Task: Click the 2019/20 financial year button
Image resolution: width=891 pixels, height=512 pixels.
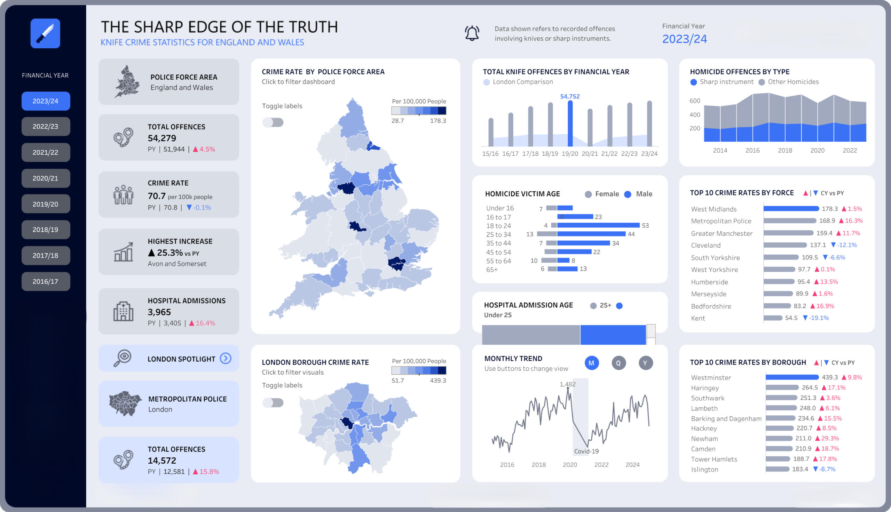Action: [45, 204]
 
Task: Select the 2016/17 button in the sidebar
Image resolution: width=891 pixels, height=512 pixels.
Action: [45, 281]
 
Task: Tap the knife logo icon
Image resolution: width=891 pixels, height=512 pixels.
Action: [45, 33]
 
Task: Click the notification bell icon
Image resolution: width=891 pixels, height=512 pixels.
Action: [472, 33]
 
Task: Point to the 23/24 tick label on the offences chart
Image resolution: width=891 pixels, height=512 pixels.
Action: [649, 154]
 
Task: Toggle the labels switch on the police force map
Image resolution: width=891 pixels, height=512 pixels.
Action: [273, 122]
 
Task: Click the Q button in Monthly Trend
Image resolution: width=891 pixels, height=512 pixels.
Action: [618, 363]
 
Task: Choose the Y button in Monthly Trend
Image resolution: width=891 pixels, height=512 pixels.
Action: [645, 363]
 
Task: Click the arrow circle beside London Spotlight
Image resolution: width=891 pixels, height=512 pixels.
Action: [226, 358]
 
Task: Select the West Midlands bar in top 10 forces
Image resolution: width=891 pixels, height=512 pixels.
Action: [791, 209]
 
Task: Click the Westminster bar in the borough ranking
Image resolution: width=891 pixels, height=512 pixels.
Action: [792, 377]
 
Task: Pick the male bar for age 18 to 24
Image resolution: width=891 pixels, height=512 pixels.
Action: [598, 225]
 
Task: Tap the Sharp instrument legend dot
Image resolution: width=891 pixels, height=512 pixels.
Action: [693, 82]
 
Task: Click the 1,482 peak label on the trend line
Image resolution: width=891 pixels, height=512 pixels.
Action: [567, 384]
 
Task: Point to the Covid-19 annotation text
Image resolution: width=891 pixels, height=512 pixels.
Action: [586, 451]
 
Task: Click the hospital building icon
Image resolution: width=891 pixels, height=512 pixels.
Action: [123, 311]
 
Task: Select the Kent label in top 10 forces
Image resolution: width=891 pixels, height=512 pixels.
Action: [698, 318]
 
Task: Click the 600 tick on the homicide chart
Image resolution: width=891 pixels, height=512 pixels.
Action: [694, 101]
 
